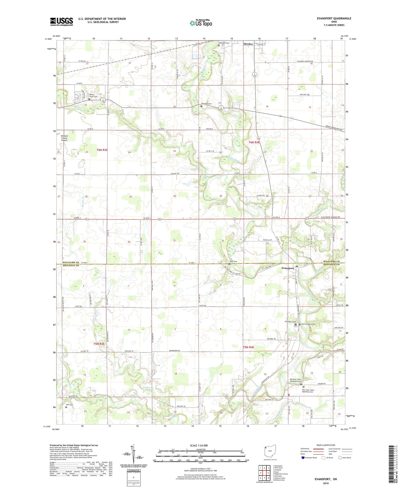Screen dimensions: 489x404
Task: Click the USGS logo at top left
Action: (x=61, y=22)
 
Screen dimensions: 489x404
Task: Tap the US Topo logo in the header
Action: (x=201, y=23)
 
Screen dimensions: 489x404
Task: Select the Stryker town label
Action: (x=248, y=44)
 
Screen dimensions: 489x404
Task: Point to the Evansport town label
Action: (x=288, y=268)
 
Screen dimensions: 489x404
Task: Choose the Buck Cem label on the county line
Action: (x=233, y=261)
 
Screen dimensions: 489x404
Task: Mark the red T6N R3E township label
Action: (x=102, y=150)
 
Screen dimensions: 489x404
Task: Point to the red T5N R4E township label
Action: (x=248, y=347)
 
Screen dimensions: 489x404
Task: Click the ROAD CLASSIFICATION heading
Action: (x=326, y=445)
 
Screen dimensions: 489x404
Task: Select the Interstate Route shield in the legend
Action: (x=303, y=458)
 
